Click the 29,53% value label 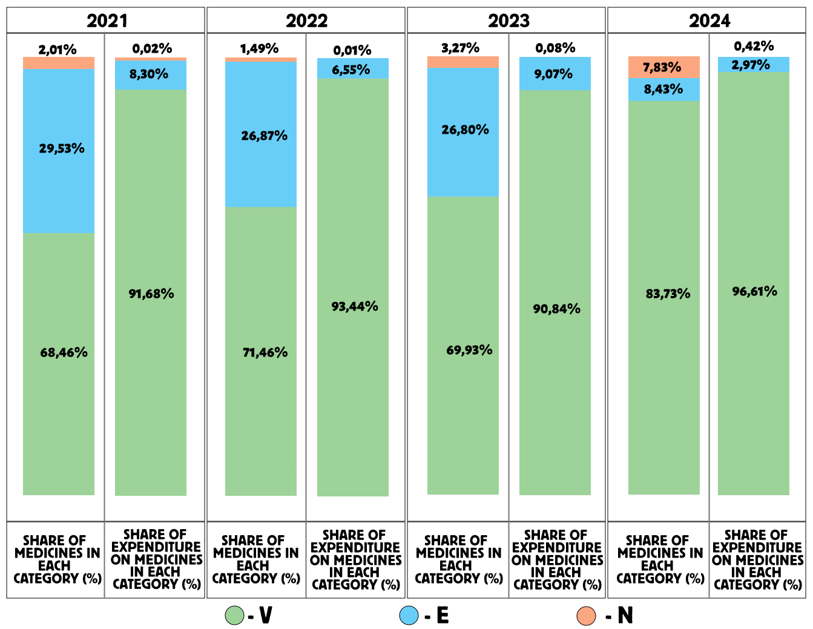coord(62,148)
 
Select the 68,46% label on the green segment coord(64,352)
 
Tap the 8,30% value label coord(149,74)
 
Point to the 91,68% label coord(151,294)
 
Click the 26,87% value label coord(264,136)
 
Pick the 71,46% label coord(265,352)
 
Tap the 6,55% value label coord(351,70)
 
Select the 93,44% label coord(354,306)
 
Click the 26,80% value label coord(465,130)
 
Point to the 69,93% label coord(469,350)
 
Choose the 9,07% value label coord(553,74)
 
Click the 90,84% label coord(556,309)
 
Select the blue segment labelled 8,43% coord(663,90)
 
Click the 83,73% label coord(668,294)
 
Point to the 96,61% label coord(754,291)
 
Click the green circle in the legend coord(234,616)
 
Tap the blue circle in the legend coord(409,615)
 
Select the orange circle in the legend coord(586,616)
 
